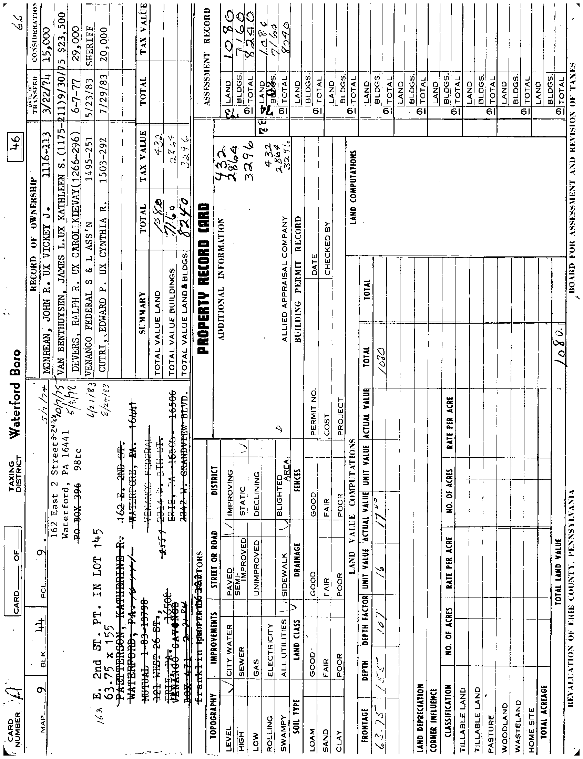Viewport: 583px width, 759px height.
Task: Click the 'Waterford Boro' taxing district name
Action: (16, 392)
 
